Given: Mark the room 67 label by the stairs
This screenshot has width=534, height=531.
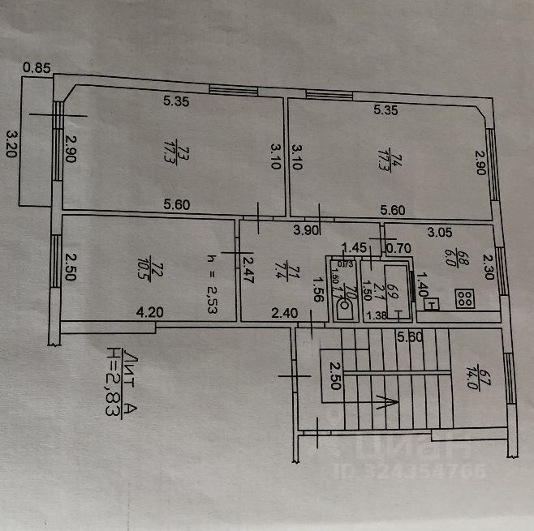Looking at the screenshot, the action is [x=487, y=379].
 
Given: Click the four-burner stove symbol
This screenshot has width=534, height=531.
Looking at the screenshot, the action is [x=465, y=299].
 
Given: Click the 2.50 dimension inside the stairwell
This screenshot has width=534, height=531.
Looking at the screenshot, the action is [x=333, y=375].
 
